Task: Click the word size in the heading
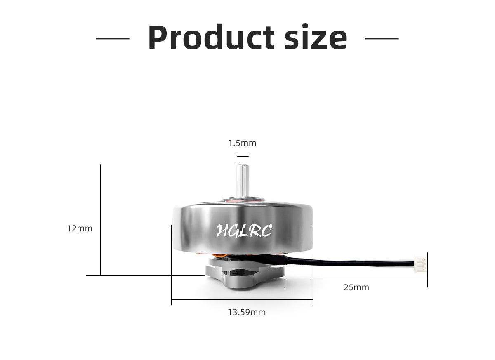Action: (x=316, y=37)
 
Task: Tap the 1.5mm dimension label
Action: (x=242, y=143)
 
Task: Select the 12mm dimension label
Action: (x=80, y=228)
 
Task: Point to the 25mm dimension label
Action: (x=356, y=287)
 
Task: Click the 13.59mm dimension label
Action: (x=247, y=312)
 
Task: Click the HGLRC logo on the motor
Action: (x=244, y=231)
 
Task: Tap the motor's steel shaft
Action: (x=243, y=181)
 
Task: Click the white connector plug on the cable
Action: (x=420, y=264)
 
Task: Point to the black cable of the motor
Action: (x=349, y=263)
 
